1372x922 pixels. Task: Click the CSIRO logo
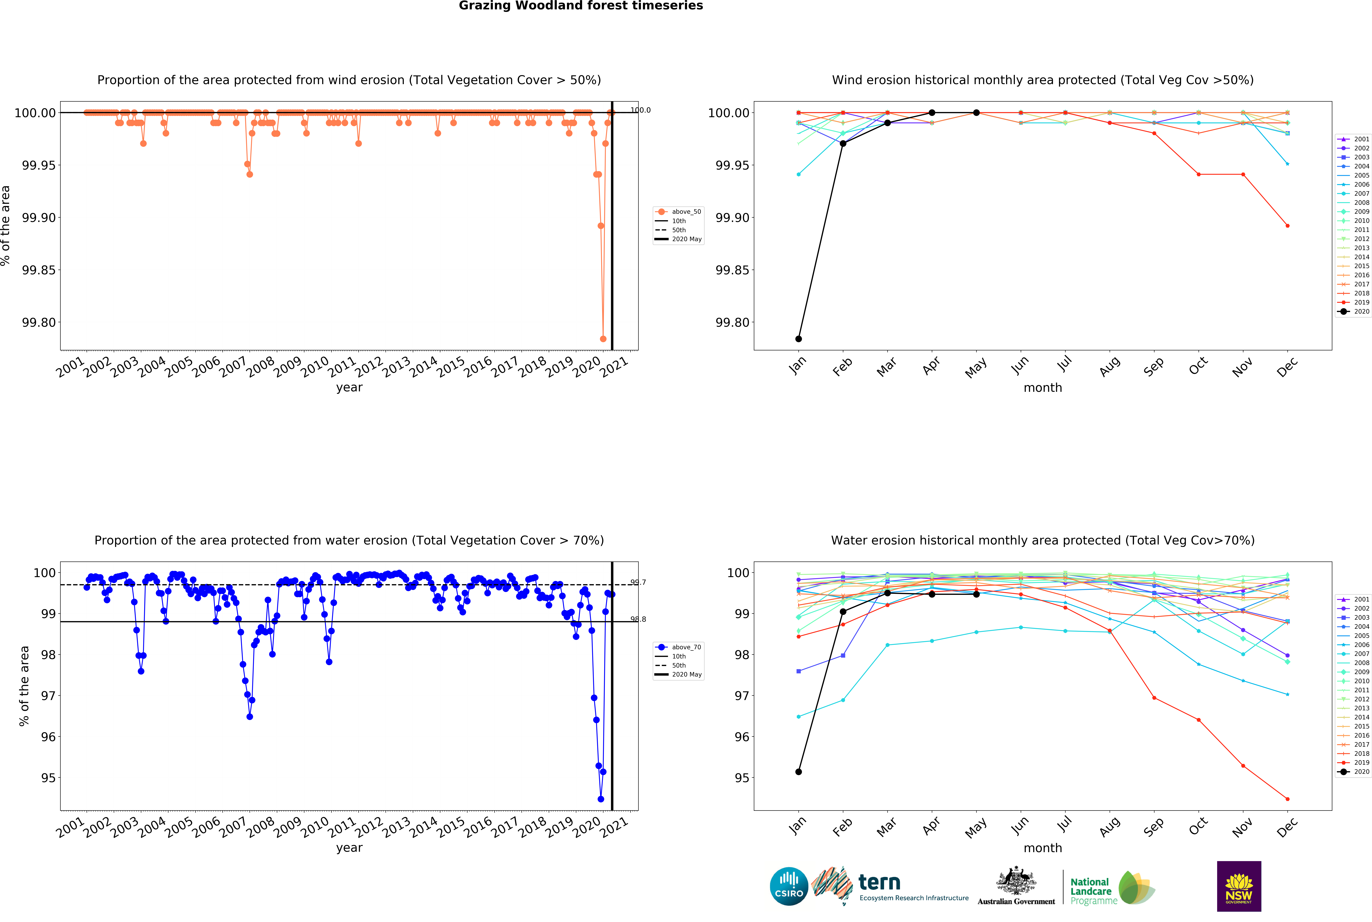789,886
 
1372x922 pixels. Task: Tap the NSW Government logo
1238,886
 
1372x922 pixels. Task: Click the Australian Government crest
1016,882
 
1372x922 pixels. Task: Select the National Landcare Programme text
1093,891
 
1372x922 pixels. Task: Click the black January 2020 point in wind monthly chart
798,339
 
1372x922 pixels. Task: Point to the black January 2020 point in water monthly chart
798,771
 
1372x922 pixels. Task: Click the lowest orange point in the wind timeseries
603,339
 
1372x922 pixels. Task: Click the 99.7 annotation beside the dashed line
638,582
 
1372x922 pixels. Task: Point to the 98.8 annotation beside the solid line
638,619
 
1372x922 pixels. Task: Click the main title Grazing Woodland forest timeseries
580,6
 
